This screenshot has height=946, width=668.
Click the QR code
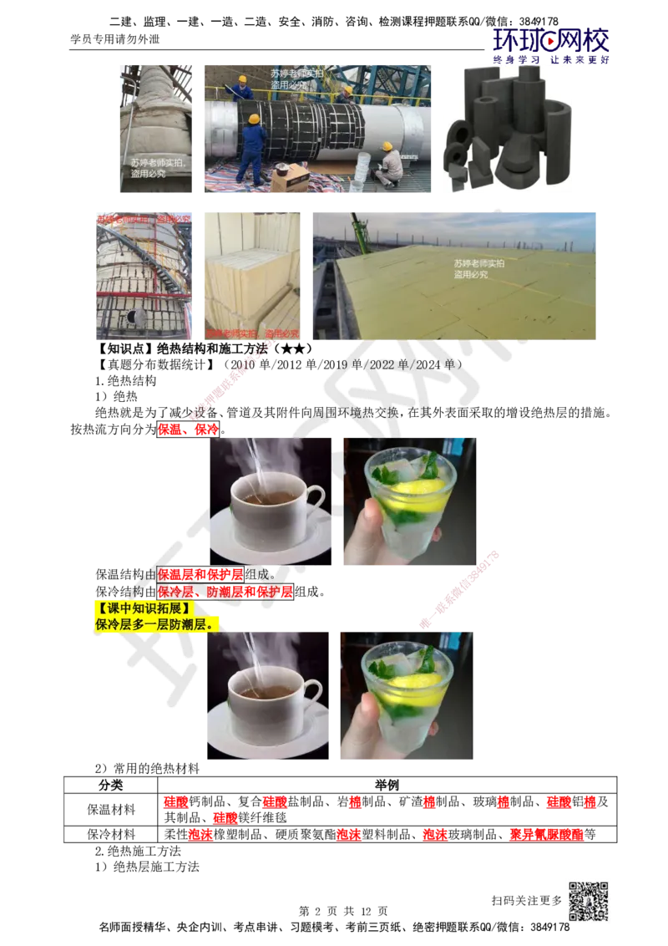click(x=587, y=902)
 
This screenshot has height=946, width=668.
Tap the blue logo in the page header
click(x=550, y=44)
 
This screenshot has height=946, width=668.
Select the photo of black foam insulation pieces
click(x=507, y=127)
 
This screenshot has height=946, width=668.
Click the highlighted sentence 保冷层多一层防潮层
click(x=147, y=623)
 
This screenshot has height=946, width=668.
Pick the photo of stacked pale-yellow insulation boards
click(x=252, y=274)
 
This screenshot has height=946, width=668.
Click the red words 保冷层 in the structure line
click(x=175, y=592)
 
